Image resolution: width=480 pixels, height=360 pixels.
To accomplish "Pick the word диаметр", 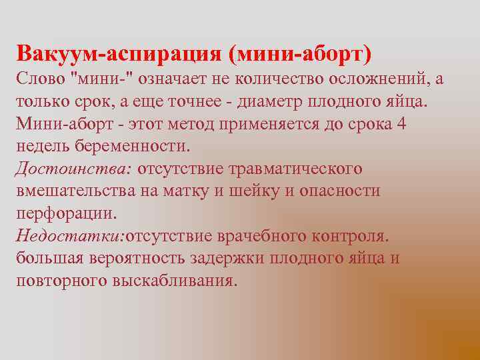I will click(x=262, y=102).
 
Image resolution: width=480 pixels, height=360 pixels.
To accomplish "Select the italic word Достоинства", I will click(x=73, y=169).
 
